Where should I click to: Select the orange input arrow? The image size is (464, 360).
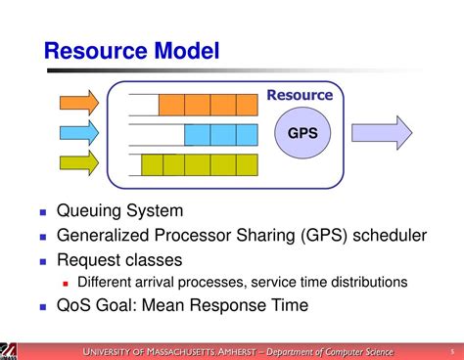coord(79,103)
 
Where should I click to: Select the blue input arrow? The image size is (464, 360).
coord(79,133)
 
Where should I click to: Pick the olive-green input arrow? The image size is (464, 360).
coord(79,162)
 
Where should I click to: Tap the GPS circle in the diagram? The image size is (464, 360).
coord(301,133)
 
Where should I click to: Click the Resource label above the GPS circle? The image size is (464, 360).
coord(300,96)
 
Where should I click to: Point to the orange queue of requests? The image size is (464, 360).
coord(208,104)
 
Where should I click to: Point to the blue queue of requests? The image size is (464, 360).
coord(220,134)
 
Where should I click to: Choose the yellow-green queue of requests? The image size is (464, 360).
coord(199,163)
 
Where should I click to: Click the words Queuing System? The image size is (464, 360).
coord(119,211)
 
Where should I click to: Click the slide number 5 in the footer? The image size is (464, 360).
coord(451,350)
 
